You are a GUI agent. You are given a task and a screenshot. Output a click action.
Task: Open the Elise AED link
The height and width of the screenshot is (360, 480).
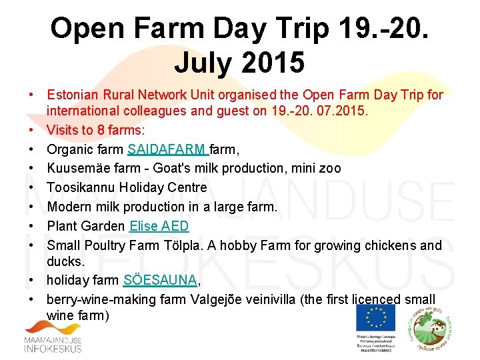[159, 227]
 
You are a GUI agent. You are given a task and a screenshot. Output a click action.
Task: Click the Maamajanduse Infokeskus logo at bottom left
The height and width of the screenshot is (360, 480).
[54, 337]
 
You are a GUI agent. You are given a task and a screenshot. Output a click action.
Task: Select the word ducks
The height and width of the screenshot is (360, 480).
[65, 261]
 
